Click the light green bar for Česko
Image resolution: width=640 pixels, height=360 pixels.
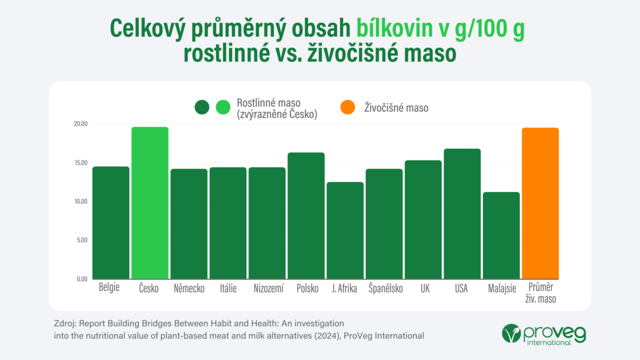[x=150, y=203]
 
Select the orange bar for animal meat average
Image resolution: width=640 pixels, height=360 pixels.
[x=540, y=203]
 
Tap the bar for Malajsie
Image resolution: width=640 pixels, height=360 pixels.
[x=501, y=235]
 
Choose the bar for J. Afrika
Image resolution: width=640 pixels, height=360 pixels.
[x=345, y=230]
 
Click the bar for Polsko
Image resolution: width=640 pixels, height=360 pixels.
[x=306, y=215]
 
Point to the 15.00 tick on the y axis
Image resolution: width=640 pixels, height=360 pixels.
[x=80, y=162]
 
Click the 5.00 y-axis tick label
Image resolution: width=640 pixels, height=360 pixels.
[x=81, y=240]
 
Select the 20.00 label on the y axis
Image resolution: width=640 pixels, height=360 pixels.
[x=80, y=124]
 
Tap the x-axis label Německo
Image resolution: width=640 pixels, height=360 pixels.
[x=189, y=289]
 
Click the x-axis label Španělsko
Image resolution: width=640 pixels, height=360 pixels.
[x=385, y=289]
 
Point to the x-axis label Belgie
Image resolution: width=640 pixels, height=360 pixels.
[x=109, y=288]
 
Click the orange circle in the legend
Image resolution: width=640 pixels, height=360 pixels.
[x=347, y=107]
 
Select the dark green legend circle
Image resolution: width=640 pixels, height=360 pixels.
[x=202, y=107]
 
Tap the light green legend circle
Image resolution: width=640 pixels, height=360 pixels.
[x=223, y=107]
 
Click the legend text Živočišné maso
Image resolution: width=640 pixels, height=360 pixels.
[x=396, y=107]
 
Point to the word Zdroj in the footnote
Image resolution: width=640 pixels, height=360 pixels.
[x=64, y=323]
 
